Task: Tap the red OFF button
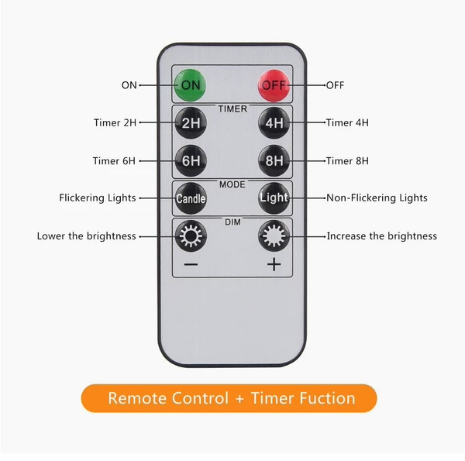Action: tap(274, 85)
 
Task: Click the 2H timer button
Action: tap(191, 122)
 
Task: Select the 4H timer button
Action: tap(274, 122)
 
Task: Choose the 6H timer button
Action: tap(191, 160)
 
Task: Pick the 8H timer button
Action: tap(274, 160)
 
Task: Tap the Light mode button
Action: tap(274, 198)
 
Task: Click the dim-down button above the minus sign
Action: tap(191, 236)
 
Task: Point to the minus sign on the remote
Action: tap(191, 264)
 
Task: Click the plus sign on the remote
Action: tap(274, 264)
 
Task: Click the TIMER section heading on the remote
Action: tap(232, 109)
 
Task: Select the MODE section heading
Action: tap(232, 184)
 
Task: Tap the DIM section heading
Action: tap(232, 222)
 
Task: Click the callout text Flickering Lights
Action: tap(98, 198)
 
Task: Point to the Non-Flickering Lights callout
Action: tap(377, 198)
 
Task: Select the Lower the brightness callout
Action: tap(87, 236)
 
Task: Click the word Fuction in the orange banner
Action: tap(329, 398)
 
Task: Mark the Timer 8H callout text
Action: tap(347, 161)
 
